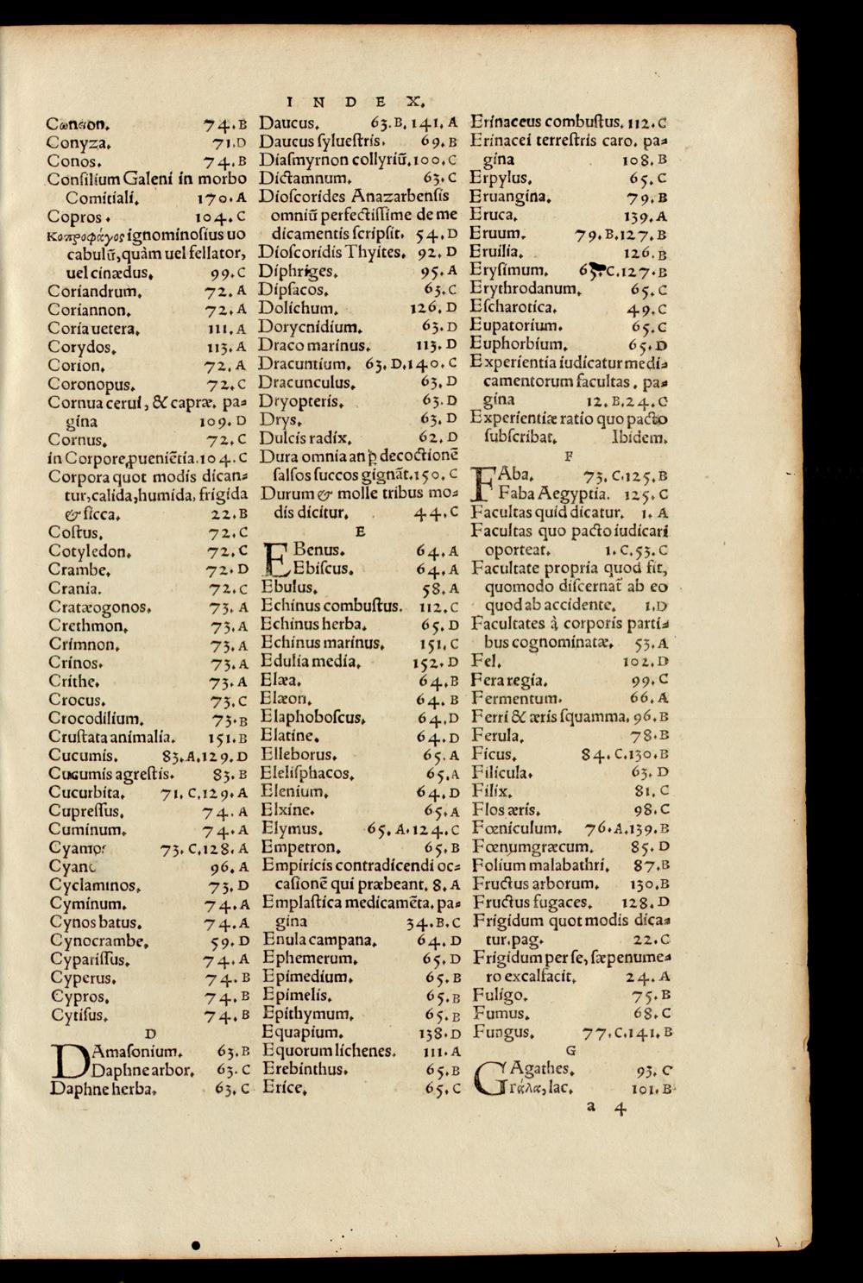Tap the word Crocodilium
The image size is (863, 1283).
[x=97, y=719]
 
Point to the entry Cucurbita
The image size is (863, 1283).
[x=88, y=793]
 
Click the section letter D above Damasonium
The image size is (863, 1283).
[x=149, y=1033]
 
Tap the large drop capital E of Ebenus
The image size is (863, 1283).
[x=275, y=557]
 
